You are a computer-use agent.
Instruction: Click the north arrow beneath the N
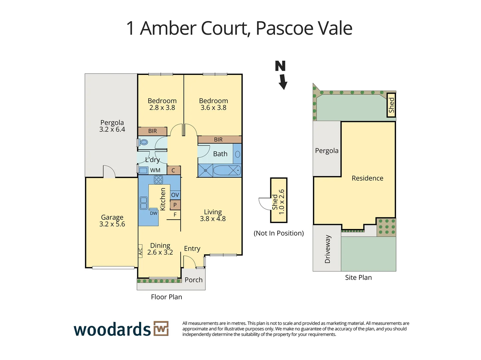click(x=283, y=82)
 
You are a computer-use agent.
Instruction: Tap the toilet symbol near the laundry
click(x=144, y=142)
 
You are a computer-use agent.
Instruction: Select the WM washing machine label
click(x=155, y=170)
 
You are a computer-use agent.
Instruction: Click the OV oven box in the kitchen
click(x=175, y=195)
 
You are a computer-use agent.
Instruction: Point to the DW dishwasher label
click(x=153, y=213)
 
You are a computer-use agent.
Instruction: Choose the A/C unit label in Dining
click(x=140, y=251)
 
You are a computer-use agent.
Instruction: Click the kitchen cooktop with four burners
click(x=158, y=180)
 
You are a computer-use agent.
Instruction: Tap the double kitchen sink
click(x=144, y=203)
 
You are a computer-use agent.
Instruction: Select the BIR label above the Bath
click(x=218, y=140)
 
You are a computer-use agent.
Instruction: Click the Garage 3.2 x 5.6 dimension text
click(x=112, y=224)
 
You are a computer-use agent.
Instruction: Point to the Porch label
click(x=194, y=280)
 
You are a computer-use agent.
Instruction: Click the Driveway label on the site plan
click(x=327, y=249)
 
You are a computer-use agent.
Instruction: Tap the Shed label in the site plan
click(x=391, y=105)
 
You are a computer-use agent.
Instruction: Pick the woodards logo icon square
click(x=161, y=329)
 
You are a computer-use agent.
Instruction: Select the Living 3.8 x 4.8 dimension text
click(x=213, y=219)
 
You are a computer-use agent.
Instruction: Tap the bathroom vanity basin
click(x=237, y=154)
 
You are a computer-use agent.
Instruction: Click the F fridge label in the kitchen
click(x=175, y=215)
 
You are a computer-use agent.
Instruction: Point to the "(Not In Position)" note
click(x=279, y=233)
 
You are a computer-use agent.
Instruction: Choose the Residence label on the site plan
click(x=367, y=178)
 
